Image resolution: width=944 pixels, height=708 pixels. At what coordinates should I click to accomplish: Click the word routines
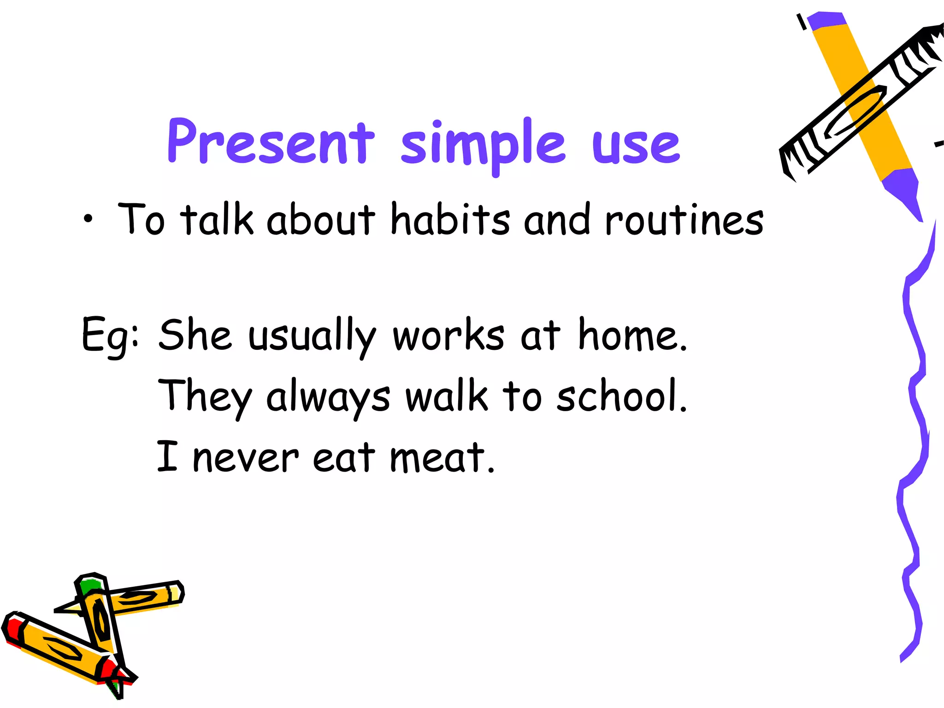[x=684, y=220]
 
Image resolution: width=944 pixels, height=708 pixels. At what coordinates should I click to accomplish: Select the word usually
[x=312, y=336]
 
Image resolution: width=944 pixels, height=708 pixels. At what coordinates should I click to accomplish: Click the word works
[x=448, y=336]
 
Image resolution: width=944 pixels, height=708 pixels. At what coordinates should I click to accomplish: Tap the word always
[x=328, y=397]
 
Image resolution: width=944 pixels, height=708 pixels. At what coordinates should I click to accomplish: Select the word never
[x=245, y=458]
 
